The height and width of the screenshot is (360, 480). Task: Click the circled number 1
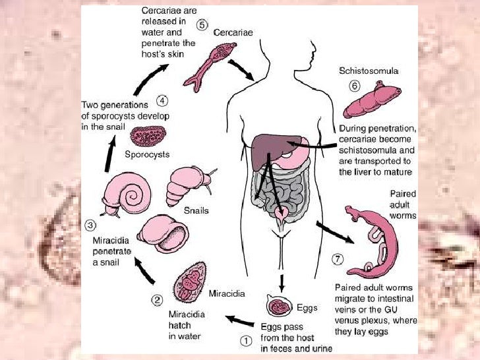tap(245, 341)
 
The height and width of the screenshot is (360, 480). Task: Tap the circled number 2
tap(157, 299)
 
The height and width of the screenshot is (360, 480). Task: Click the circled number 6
tap(356, 86)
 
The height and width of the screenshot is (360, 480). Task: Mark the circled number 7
tap(338, 259)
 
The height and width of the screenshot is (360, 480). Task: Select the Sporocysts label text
tap(147, 155)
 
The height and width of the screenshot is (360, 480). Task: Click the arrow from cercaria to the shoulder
tap(241, 71)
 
